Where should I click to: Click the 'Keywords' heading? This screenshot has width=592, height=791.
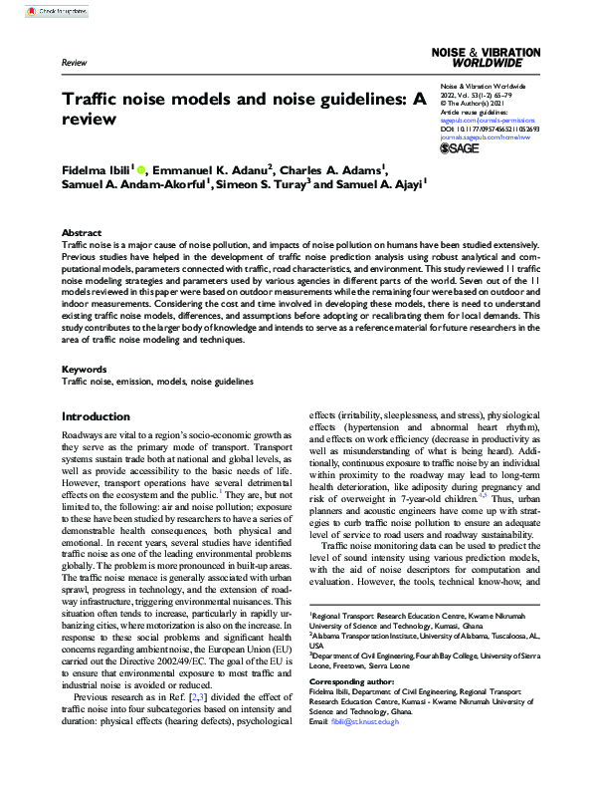[x=85, y=369]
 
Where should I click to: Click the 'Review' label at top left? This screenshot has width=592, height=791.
[x=75, y=62]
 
